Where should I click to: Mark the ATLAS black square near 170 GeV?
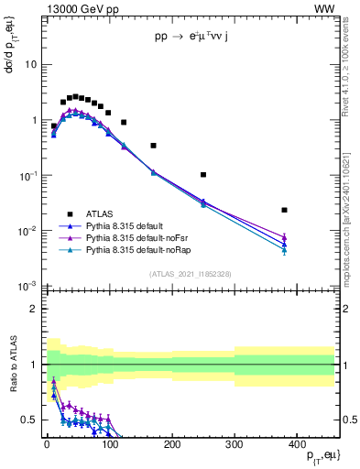pos(153,146)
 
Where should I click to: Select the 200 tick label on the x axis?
pos(171,443)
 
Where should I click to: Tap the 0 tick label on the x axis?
pos(47,443)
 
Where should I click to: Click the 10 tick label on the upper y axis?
pos(30,65)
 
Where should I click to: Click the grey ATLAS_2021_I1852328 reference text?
pos(190,274)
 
